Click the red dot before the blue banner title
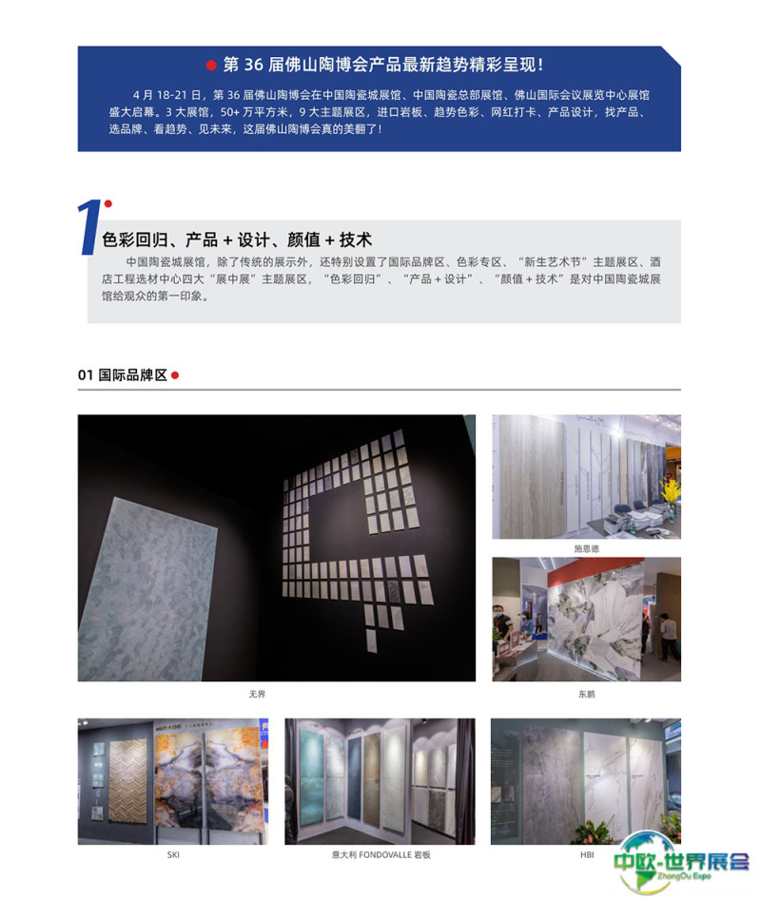[211, 65]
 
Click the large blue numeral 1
[89, 227]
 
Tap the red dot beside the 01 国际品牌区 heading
[175, 375]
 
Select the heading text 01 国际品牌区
[123, 375]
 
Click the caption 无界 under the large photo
[257, 695]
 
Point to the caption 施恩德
[587, 548]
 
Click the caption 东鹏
[587, 695]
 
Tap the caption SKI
[173, 855]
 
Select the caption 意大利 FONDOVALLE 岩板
[380, 855]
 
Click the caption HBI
[587, 855]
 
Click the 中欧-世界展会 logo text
[681, 861]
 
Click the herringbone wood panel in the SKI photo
[128, 780]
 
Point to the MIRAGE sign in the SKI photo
[168, 727]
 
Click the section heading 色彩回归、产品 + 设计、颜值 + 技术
[237, 239]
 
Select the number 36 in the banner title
[253, 65]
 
